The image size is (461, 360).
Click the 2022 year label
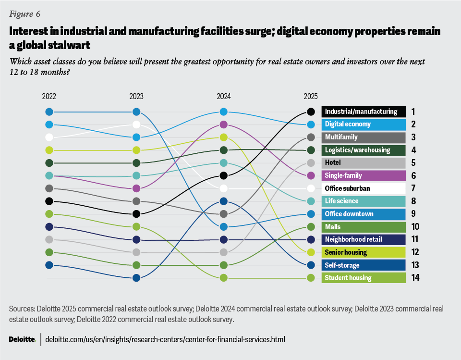(49, 96)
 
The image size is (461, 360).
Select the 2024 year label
(223, 96)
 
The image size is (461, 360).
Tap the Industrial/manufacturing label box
(364, 112)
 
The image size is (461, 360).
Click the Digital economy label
(364, 124)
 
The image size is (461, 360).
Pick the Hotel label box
(364, 162)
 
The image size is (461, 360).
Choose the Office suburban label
(364, 188)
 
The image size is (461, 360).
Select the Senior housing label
(364, 252)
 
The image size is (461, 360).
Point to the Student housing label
(364, 278)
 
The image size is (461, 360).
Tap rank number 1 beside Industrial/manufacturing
(413, 112)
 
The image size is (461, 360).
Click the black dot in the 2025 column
(311, 112)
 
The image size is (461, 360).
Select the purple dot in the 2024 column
(223, 124)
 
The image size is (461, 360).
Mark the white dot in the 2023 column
(136, 124)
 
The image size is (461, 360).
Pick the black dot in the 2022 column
(49, 201)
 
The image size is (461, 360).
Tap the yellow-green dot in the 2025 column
(311, 252)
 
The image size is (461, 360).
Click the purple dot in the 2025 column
(311, 175)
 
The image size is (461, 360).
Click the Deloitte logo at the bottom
(22, 339)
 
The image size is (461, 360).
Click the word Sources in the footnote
(21, 308)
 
